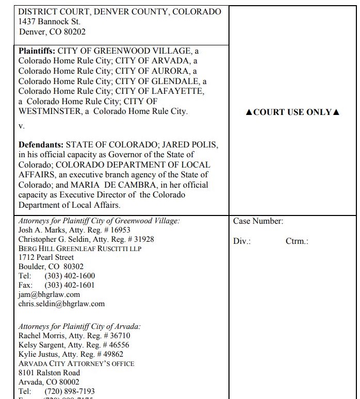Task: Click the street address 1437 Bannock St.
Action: click(x=50, y=22)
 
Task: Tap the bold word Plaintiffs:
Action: click(x=37, y=52)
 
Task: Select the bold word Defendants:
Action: click(x=41, y=145)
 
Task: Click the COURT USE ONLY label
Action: click(x=292, y=112)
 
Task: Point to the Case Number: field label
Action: click(x=258, y=221)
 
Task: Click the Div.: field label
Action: click(x=242, y=241)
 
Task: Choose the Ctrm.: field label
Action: click(x=297, y=241)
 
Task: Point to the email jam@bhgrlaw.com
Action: click(x=49, y=294)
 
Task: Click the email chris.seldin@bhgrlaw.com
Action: click(x=61, y=304)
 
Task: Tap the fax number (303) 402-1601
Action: click(x=70, y=285)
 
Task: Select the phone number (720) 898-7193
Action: click(x=70, y=391)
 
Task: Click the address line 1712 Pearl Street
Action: click(x=46, y=257)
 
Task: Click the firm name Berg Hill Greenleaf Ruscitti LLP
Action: click(x=80, y=248)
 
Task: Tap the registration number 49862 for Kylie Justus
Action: click(x=111, y=354)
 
